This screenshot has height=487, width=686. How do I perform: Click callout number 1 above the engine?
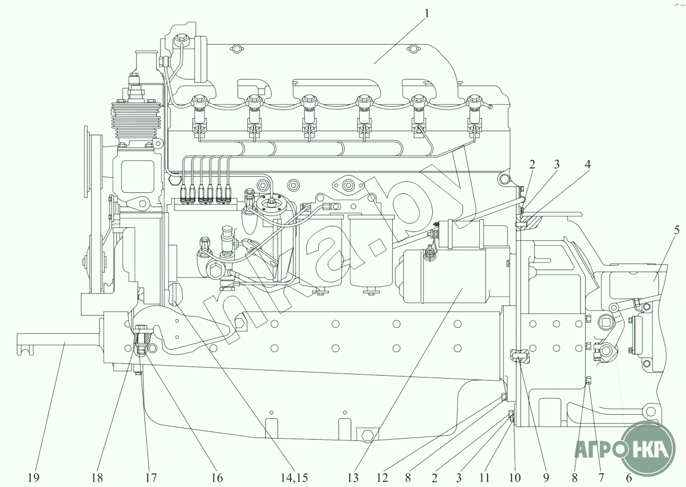[x=426, y=13]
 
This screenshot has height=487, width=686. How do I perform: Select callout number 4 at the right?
[x=588, y=164]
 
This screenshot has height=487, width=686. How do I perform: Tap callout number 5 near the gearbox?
[x=676, y=230]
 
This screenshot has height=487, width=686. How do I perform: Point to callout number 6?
[x=628, y=477]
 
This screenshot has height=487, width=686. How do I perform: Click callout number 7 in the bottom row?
[x=601, y=477]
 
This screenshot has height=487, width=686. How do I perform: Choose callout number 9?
[x=546, y=477]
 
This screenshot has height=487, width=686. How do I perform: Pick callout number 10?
[x=515, y=477]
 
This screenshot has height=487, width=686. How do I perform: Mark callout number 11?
[x=484, y=477]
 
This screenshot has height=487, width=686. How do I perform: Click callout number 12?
[x=382, y=477]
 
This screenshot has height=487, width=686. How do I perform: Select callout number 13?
[x=353, y=477]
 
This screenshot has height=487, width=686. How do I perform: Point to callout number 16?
[x=217, y=477]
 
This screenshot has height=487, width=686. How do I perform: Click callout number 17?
[x=151, y=477]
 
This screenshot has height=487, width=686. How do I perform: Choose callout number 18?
[x=97, y=477]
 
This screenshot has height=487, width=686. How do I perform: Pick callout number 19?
[x=34, y=477]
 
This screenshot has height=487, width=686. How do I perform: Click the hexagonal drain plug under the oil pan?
[x=366, y=435]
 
